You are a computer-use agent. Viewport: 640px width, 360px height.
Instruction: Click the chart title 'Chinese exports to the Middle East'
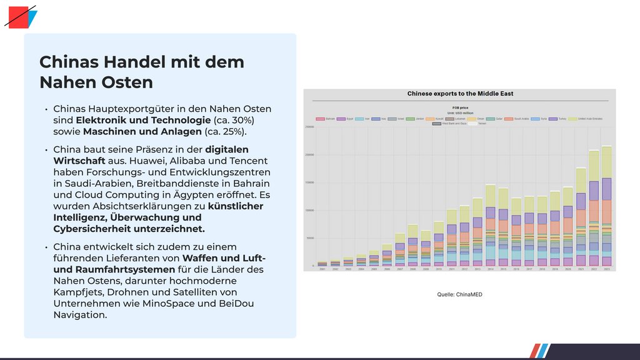click(460, 94)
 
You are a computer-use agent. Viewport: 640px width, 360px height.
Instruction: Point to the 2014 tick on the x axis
click(490, 269)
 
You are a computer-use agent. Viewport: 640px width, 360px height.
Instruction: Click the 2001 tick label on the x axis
click(322, 269)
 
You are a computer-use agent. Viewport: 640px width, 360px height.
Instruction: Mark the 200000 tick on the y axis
click(309, 155)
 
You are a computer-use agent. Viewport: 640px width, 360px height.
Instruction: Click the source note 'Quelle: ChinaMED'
click(459, 294)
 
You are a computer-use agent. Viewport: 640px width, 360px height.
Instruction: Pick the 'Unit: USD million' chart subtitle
click(460, 112)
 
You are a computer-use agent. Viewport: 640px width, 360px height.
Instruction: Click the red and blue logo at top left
click(21, 16)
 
